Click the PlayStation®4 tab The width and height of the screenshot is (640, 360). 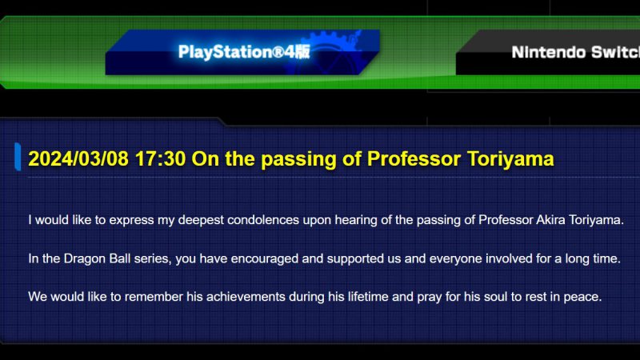pos(243,52)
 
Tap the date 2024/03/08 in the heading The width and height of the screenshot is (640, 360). pos(78,158)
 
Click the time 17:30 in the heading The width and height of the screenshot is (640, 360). pos(161,158)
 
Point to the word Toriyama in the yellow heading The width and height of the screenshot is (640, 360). pos(510,158)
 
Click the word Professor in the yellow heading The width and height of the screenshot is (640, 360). pos(414,158)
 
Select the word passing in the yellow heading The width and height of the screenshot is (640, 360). pos(298,159)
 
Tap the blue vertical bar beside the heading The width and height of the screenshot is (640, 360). pos(18,157)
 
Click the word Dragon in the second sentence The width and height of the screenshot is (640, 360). pos(85,258)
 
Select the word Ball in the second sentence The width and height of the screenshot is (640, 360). pos(120,258)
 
